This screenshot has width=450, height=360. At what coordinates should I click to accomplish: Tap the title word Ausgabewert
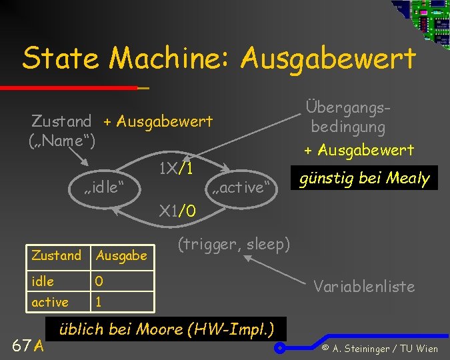pyautogui.click(x=328, y=58)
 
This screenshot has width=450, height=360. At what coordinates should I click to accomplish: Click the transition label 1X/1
pyautogui.click(x=176, y=169)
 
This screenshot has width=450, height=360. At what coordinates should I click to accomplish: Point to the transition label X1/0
pyautogui.click(x=177, y=212)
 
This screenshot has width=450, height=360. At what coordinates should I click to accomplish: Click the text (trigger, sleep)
pyautogui.click(x=234, y=244)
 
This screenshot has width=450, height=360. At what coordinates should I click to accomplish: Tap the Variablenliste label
pyautogui.click(x=364, y=287)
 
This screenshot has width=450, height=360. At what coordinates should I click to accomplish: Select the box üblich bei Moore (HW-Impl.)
pyautogui.click(x=169, y=329)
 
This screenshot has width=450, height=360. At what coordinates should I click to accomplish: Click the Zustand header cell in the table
pyautogui.click(x=57, y=255)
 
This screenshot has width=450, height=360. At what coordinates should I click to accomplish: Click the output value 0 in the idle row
pyautogui.click(x=99, y=281)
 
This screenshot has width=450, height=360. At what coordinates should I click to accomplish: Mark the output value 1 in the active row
pyautogui.click(x=99, y=302)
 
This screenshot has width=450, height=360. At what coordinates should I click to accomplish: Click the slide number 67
pyautogui.click(x=22, y=345)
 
